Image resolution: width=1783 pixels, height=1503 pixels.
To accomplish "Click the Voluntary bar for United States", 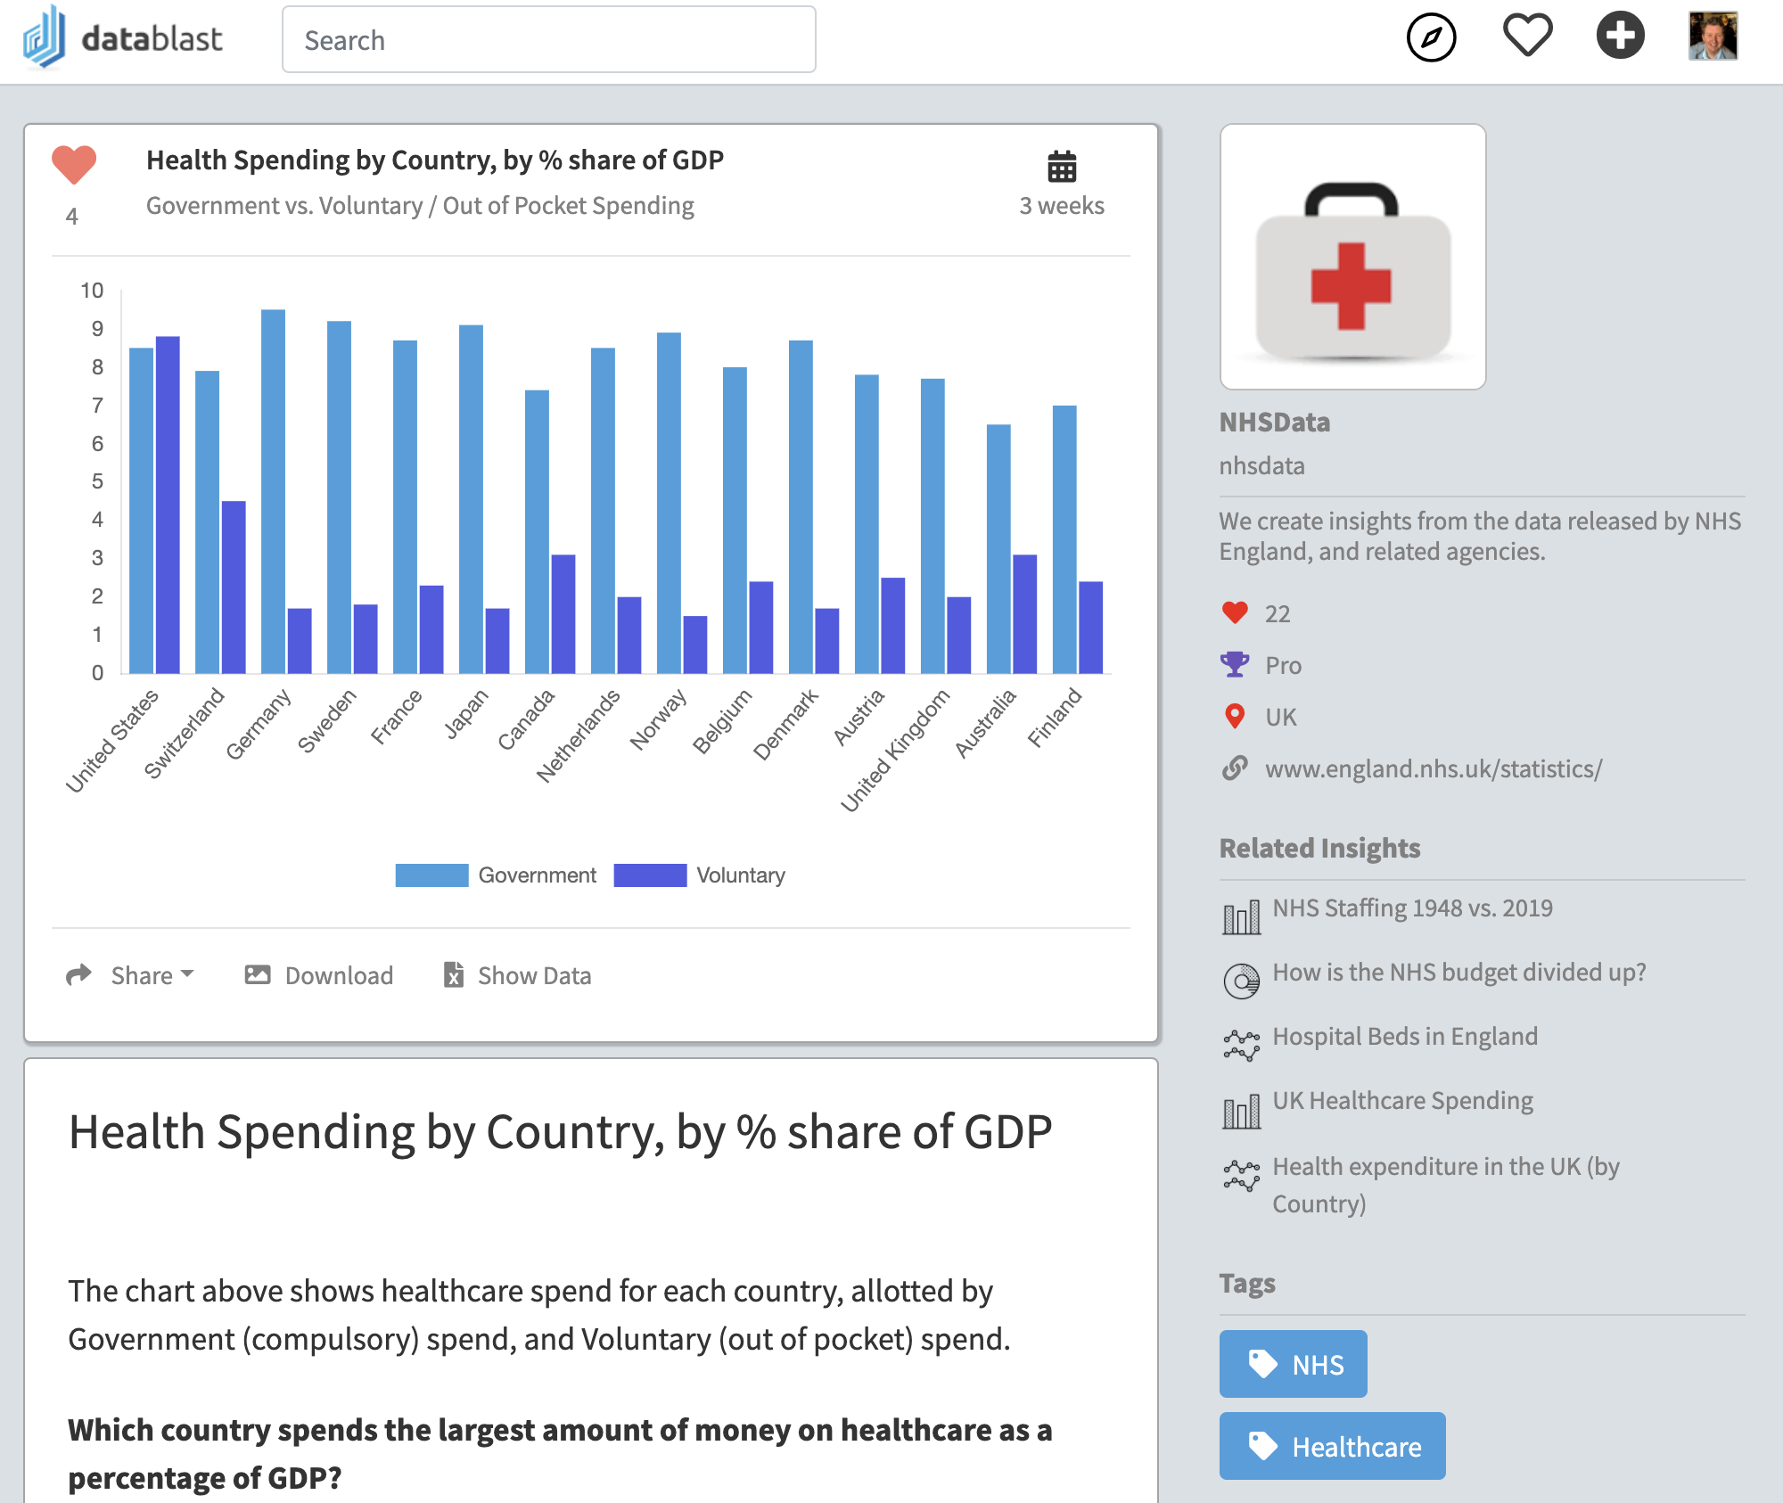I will coord(168,505).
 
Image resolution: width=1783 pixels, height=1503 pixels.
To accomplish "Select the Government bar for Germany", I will coord(273,491).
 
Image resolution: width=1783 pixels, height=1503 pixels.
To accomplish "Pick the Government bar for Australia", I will coord(998,548).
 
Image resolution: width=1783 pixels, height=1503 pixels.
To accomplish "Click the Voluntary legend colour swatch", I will coord(650,875).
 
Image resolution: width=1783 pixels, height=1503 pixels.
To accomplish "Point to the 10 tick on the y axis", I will coord(92,291).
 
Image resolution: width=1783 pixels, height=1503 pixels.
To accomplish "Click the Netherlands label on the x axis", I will coord(579,735).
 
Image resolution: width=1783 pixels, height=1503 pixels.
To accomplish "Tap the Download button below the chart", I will coord(319,975).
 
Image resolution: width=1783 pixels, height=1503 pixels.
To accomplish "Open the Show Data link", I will coord(517,975).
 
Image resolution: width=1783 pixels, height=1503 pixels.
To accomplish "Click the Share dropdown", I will coord(131,975).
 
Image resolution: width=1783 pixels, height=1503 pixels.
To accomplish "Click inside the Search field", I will coord(548,40).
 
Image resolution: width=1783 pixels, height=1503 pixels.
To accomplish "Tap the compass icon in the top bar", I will coord(1431,37).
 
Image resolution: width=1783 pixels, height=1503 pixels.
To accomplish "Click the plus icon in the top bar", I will coord(1620,36).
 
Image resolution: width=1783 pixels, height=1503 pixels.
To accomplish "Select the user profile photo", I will coord(1713,37).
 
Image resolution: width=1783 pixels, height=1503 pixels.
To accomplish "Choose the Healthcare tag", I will coord(1332,1446).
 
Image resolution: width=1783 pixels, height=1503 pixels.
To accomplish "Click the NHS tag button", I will coord(1293,1364).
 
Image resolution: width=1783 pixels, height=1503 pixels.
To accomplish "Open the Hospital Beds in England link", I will coord(1404,1037).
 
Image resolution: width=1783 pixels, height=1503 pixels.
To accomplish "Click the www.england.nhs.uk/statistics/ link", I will coord(1433,768).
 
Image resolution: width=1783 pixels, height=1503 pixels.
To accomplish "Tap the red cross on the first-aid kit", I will coord(1352,286).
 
